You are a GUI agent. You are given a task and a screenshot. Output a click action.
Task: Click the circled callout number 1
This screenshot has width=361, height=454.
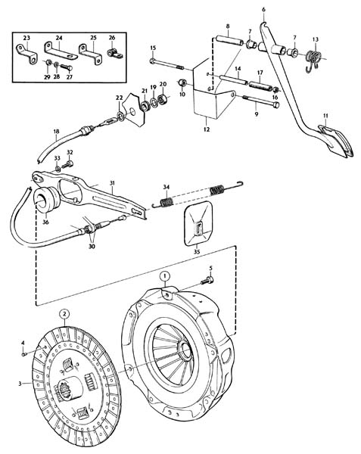coord(165,275)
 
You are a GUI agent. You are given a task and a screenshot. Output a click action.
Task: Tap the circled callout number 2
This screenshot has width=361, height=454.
coord(64,313)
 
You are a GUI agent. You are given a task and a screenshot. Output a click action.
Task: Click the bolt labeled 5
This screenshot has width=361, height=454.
coord(207,280)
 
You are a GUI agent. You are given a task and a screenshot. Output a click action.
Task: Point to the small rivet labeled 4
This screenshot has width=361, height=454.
coord(24,354)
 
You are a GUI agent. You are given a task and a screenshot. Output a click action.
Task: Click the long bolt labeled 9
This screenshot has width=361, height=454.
coord(261,101)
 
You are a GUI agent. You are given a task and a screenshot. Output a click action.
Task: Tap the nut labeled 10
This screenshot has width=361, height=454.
coord(182,82)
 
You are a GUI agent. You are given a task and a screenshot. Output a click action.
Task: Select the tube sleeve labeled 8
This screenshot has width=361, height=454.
coord(229,40)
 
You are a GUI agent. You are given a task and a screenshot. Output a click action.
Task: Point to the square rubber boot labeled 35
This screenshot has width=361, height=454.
coord(198,223)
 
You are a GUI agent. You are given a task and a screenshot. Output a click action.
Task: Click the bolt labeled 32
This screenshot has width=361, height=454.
coord(67,165)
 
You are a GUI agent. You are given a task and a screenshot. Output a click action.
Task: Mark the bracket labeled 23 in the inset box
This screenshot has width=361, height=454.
coord(26,54)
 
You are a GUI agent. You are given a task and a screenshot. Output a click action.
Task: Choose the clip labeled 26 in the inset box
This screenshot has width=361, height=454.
coord(114,54)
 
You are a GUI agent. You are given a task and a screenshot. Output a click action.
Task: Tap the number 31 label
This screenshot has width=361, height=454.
coord(112,183)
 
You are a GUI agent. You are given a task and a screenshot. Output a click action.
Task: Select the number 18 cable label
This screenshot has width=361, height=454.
coord(56,131)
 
